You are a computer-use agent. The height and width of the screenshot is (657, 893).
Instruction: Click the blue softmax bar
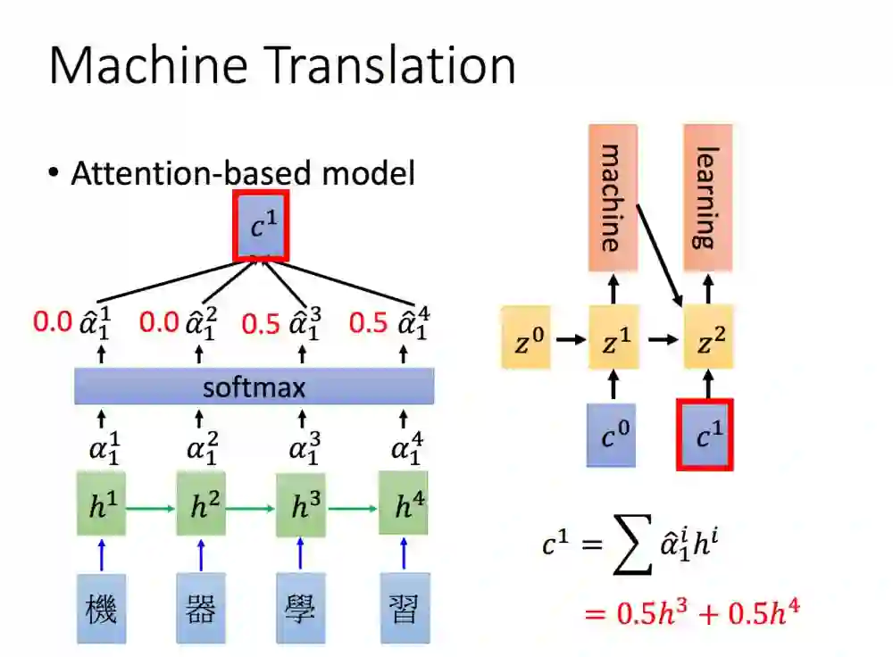click(255, 387)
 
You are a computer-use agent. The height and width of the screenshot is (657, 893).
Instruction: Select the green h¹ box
click(100, 507)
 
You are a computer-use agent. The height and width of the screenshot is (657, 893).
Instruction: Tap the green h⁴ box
click(404, 507)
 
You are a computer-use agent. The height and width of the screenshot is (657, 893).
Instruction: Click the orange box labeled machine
click(613, 197)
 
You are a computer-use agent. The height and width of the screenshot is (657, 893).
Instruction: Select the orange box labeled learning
click(708, 197)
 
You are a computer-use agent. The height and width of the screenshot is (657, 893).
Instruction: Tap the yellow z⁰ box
click(526, 338)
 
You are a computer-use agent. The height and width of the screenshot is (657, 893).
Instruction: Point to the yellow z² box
click(708, 338)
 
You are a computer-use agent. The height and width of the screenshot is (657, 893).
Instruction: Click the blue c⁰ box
click(612, 435)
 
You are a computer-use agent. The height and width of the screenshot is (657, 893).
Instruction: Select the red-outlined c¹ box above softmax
click(260, 226)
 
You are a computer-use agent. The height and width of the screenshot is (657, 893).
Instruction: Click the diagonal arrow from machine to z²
click(660, 253)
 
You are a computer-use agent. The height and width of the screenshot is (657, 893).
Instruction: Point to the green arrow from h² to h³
click(251, 508)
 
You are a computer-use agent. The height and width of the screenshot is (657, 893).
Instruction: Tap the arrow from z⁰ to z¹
click(569, 339)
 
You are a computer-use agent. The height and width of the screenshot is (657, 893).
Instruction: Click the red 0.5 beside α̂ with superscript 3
click(261, 323)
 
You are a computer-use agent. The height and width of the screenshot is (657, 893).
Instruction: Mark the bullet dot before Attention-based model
click(54, 171)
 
